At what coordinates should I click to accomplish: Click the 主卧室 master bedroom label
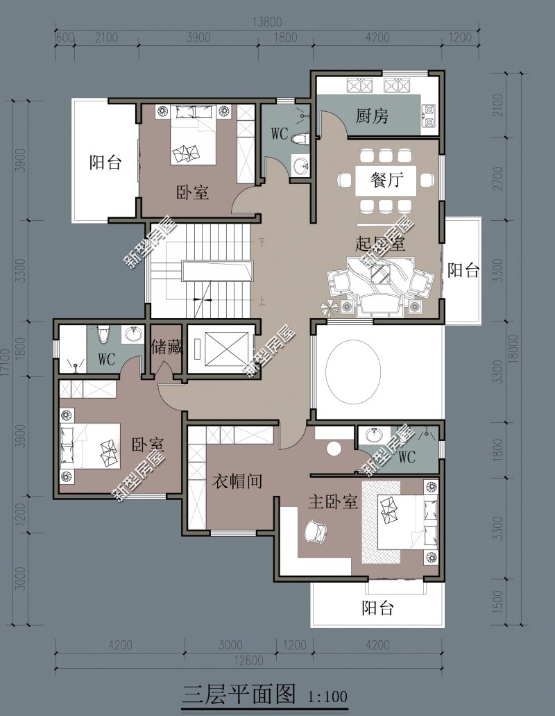332,502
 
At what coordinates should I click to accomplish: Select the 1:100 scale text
326,694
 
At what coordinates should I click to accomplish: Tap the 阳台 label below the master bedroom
377,609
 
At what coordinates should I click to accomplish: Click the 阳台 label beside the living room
463,271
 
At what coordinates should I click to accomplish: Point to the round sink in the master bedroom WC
375,436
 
